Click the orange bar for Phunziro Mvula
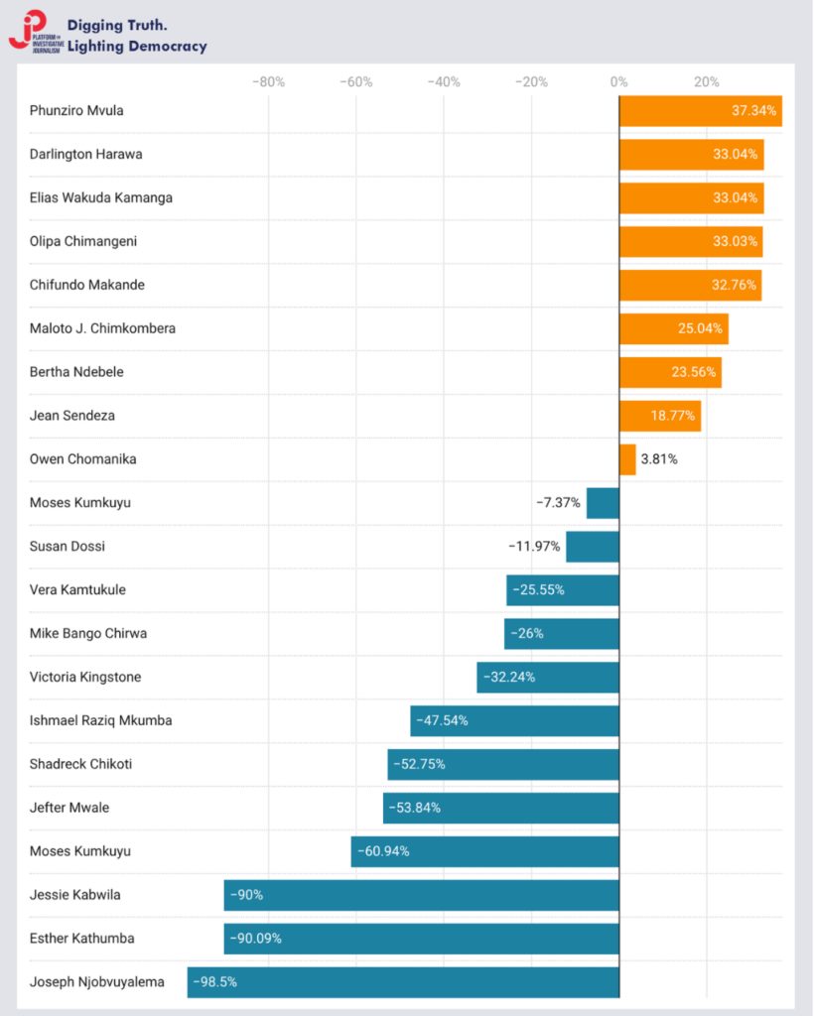click(700, 110)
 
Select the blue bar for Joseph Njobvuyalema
click(403, 982)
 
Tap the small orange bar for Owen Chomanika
click(627, 459)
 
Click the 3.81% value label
click(659, 459)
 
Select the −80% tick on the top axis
click(268, 81)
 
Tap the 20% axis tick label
click(706, 81)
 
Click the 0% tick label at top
click(618, 81)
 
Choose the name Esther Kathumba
click(82, 939)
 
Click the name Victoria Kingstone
click(85, 677)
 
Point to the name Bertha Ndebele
click(76, 372)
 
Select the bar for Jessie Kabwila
click(422, 895)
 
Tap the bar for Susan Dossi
click(593, 547)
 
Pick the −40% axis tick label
click(443, 81)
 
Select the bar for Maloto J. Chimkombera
click(673, 328)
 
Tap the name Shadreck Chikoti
click(80, 764)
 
